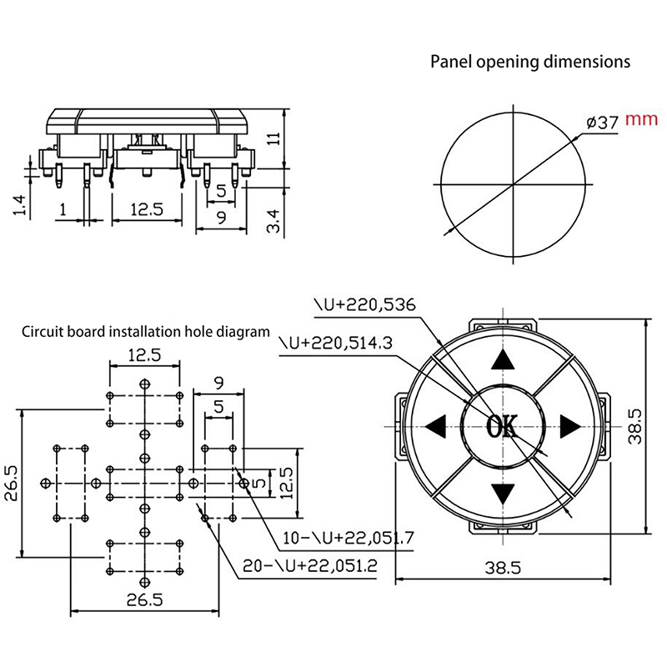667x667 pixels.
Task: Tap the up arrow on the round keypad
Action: [x=502, y=359]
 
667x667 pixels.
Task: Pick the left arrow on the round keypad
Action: [x=435, y=427]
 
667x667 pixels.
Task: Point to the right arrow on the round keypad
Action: [x=569, y=427]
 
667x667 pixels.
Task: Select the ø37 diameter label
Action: [x=602, y=122]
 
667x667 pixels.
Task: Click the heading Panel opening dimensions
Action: [x=529, y=62]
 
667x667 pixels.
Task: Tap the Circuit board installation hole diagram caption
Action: [x=146, y=331]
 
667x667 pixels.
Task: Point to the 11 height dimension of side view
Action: [x=273, y=139]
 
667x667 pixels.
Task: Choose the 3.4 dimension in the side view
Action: [x=273, y=222]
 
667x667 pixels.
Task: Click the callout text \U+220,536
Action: [x=364, y=304]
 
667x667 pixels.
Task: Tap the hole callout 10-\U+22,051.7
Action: [x=349, y=538]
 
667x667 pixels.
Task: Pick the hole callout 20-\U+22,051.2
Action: [x=309, y=565]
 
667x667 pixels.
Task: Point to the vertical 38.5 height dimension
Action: [x=635, y=426]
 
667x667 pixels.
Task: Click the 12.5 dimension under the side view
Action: [x=146, y=210]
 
